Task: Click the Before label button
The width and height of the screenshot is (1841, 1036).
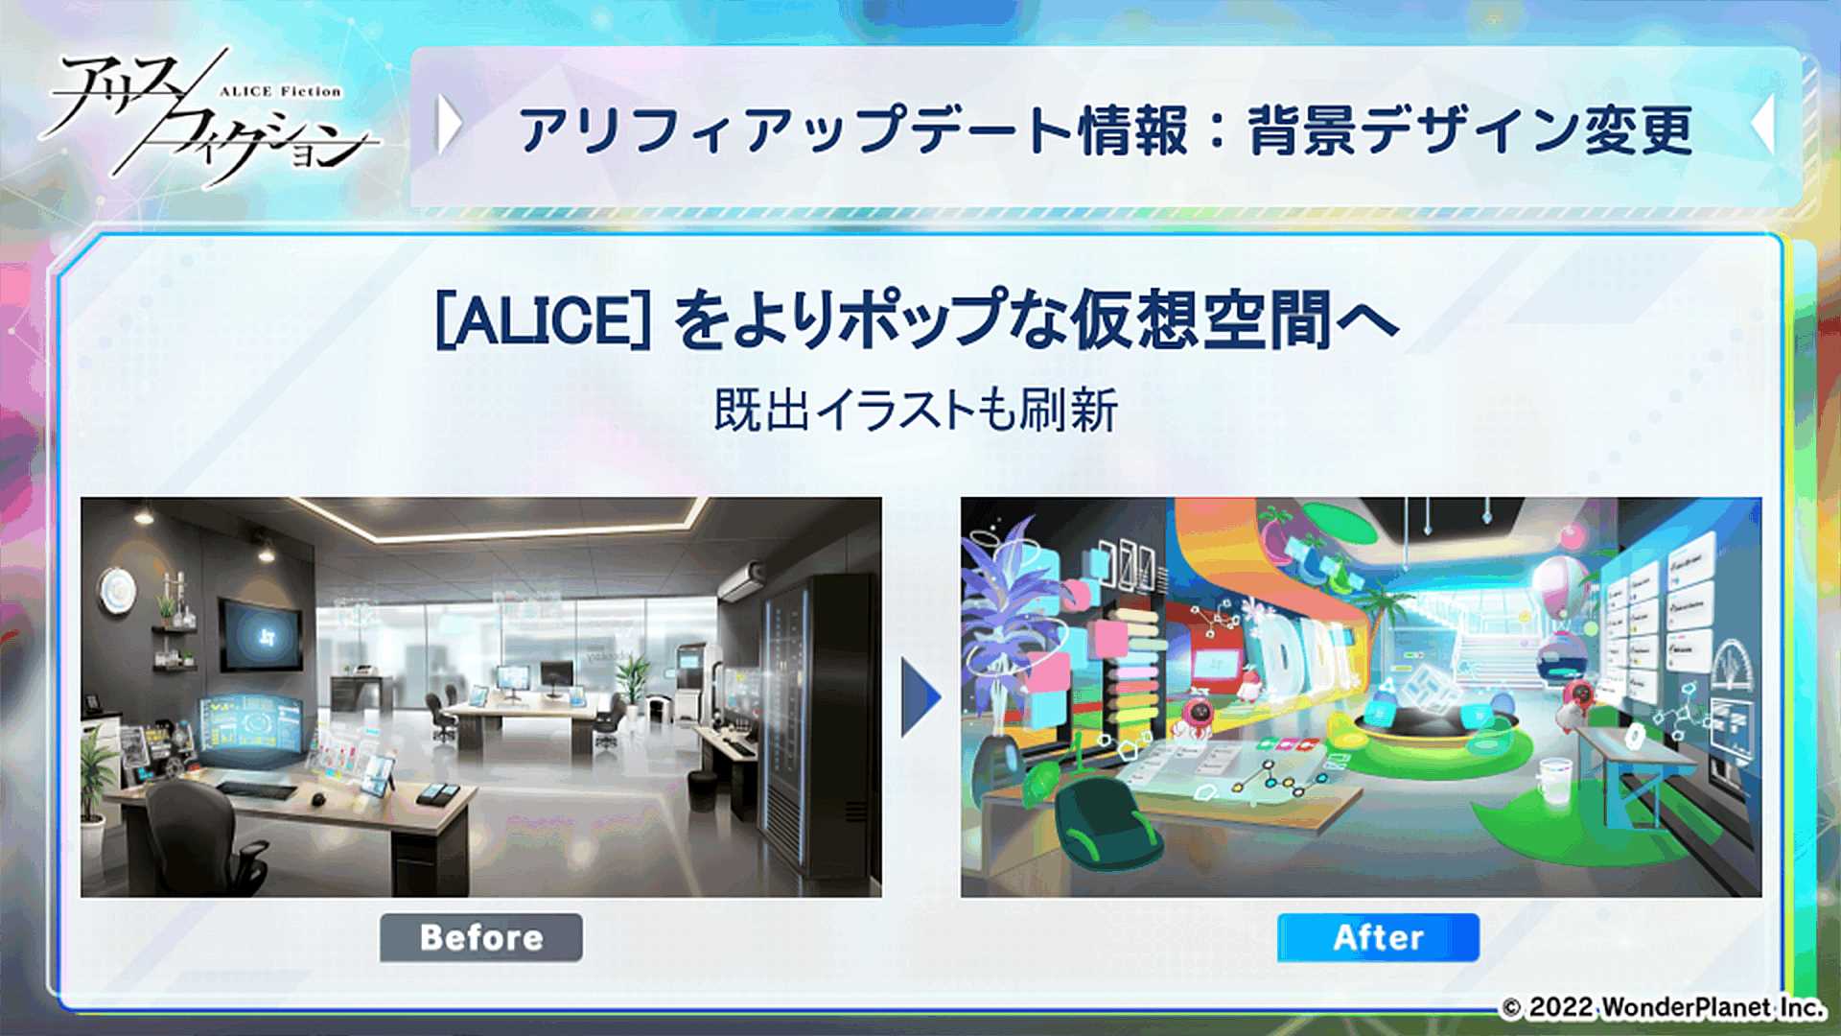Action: pyautogui.click(x=481, y=937)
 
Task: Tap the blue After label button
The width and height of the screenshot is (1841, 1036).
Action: pyautogui.click(x=1378, y=937)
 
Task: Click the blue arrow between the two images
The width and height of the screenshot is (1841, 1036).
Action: pyautogui.click(x=920, y=697)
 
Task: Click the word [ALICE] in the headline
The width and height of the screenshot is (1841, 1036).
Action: pyautogui.click(x=544, y=320)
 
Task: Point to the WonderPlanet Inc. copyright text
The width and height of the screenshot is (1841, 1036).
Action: pyautogui.click(x=1663, y=1007)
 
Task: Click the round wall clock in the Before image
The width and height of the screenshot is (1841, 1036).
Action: pyautogui.click(x=117, y=589)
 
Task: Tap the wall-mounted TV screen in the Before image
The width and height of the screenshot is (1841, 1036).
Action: pyautogui.click(x=262, y=634)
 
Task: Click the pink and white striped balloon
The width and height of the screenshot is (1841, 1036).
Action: pyautogui.click(x=1562, y=585)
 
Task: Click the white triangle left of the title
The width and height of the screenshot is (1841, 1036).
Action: pyautogui.click(x=448, y=125)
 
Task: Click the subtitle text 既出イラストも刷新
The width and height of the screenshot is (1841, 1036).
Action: pyautogui.click(x=916, y=411)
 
